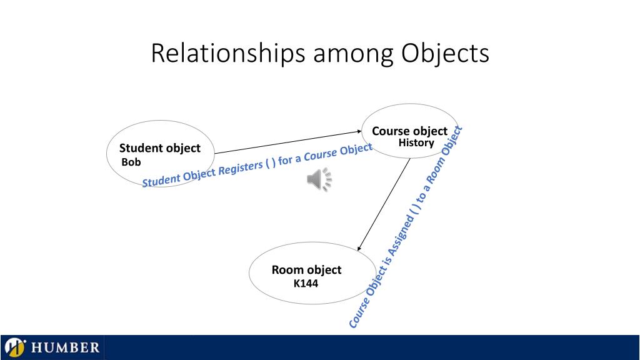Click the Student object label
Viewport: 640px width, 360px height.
[160, 148]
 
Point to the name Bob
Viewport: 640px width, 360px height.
[131, 162]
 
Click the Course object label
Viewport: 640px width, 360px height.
[409, 131]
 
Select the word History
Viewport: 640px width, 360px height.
[416, 142]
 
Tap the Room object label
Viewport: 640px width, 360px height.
[306, 270]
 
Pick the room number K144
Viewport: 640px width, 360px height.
[306, 284]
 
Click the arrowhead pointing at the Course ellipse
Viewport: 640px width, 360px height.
[359, 131]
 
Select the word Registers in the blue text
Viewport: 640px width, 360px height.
[237, 167]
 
